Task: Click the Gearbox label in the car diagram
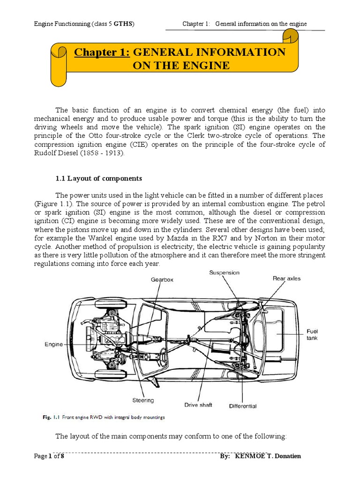[162, 279]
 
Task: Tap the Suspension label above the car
[224, 272]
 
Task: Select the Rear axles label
[287, 278]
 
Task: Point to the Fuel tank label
[313, 334]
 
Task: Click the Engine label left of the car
[53, 344]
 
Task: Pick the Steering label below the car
[142, 400]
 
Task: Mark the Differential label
[243, 406]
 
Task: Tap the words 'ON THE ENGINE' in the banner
[181, 65]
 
